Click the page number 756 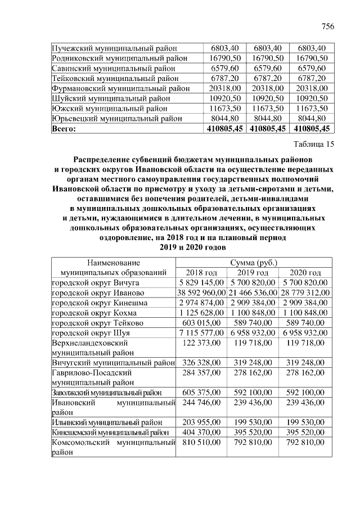[327, 26]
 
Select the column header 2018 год [201, 273]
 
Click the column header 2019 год [253, 273]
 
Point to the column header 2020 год [305, 273]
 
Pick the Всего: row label [64, 129]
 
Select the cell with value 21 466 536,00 [253, 293]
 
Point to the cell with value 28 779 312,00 [305, 293]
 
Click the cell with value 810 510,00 [201, 444]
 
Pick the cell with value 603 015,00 [201, 323]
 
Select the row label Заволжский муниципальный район [107, 393]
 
